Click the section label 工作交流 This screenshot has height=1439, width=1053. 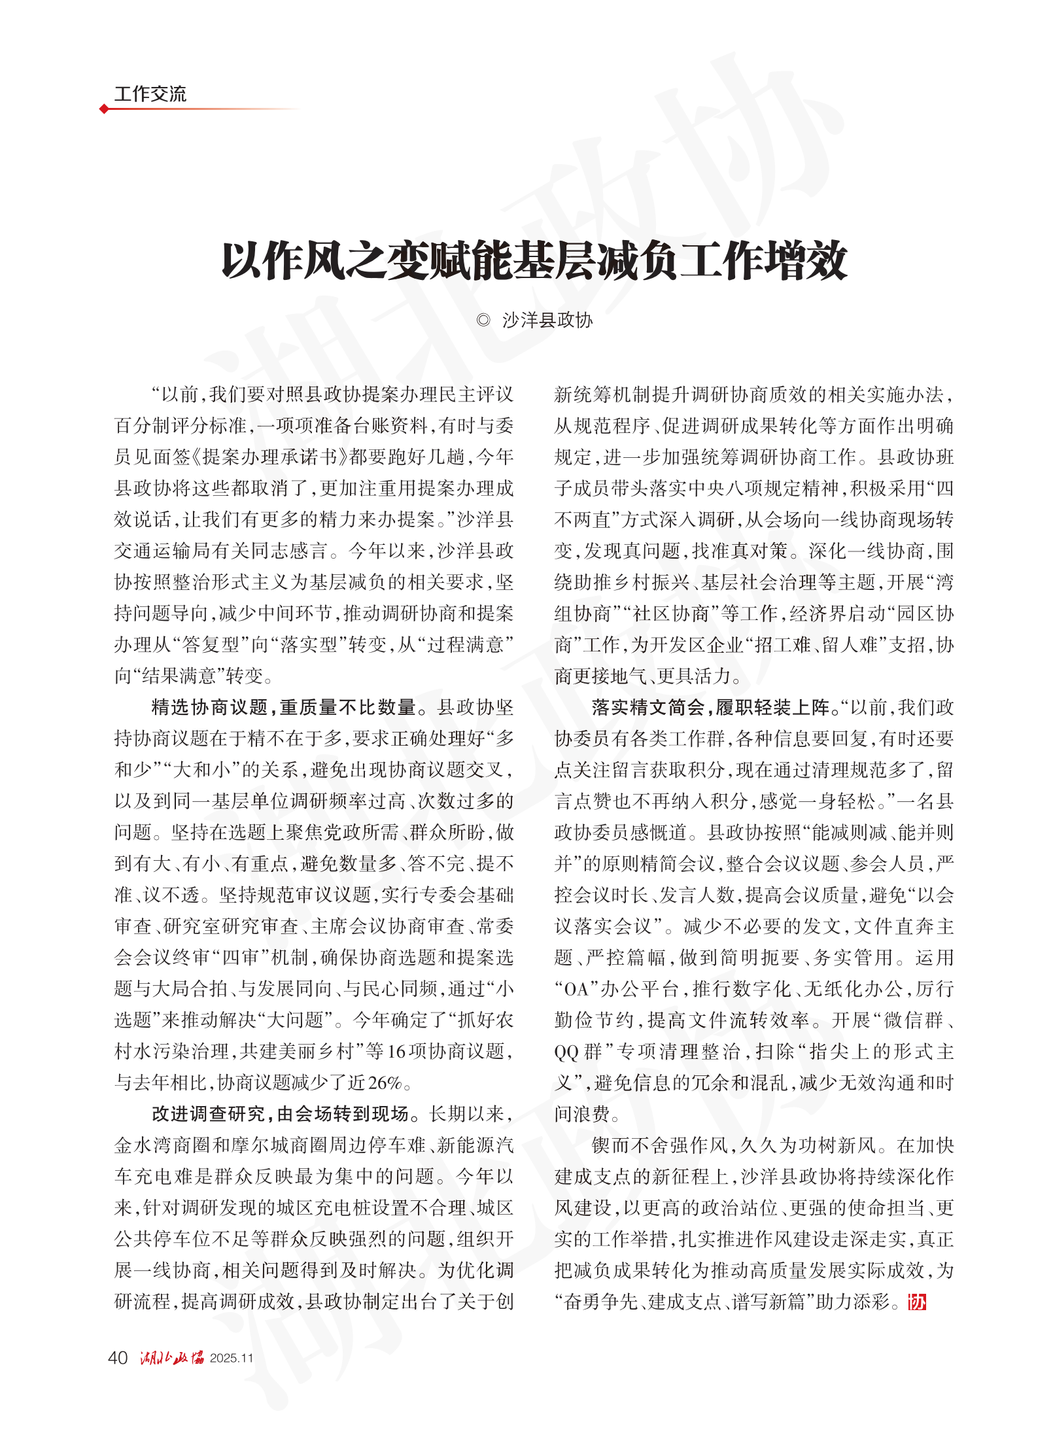tap(150, 94)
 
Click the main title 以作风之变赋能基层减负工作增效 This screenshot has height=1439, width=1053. tap(534, 261)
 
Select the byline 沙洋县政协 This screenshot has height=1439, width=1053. tap(547, 320)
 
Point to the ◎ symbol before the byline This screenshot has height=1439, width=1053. tap(483, 320)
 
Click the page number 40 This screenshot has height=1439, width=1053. tap(117, 1358)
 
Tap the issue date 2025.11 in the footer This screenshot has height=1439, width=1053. tap(231, 1359)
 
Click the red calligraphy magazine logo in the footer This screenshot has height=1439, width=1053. tap(171, 1358)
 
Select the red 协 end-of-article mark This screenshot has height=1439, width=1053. tap(917, 1302)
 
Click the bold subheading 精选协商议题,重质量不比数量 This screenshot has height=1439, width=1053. tap(284, 707)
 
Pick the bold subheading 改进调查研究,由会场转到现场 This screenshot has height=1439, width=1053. tap(280, 1114)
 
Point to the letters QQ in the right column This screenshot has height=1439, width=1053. tap(566, 1052)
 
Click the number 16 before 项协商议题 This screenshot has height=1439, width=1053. tap(397, 1052)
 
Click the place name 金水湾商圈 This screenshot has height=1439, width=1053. tap(163, 1145)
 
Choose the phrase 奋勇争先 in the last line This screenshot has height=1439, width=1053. tap(600, 1302)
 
